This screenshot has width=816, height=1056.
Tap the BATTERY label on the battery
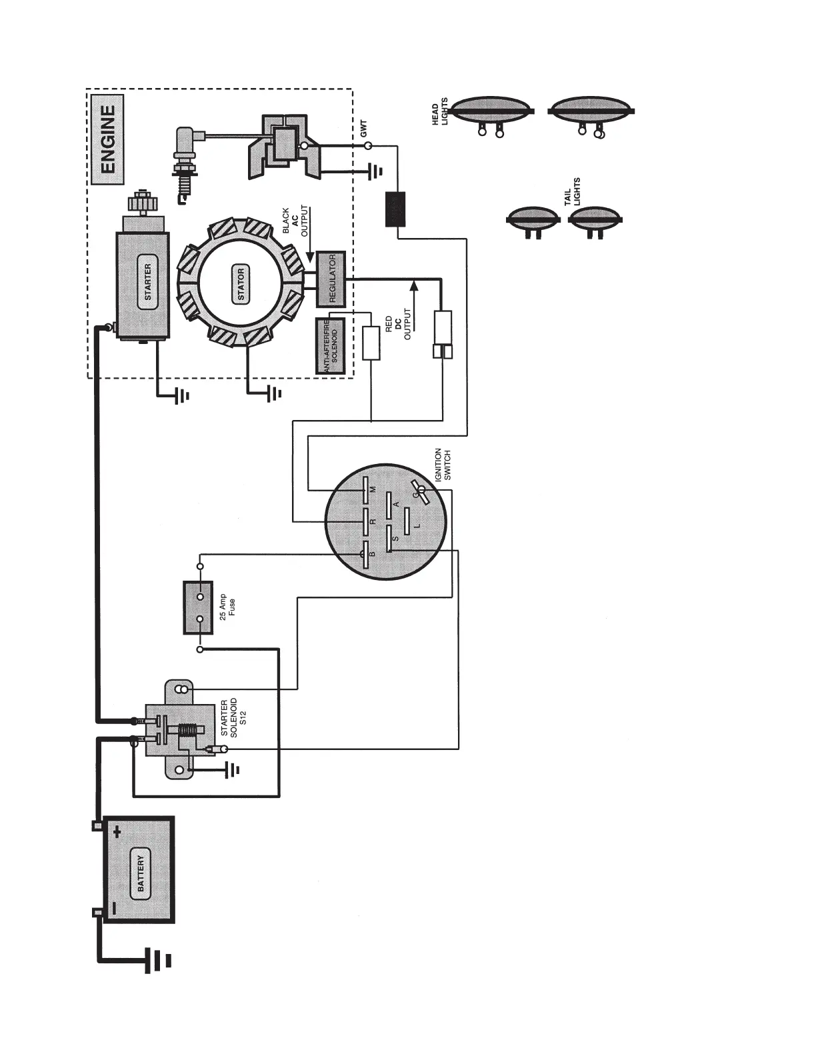pyautogui.click(x=140, y=874)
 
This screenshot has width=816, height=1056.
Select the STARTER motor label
pyautogui.click(x=147, y=281)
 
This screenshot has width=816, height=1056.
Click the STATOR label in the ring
pyautogui.click(x=241, y=283)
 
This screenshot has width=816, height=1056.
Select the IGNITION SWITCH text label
pyautogui.click(x=443, y=464)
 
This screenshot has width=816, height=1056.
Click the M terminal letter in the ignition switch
pyautogui.click(x=373, y=489)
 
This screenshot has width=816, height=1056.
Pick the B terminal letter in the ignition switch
pyautogui.click(x=373, y=553)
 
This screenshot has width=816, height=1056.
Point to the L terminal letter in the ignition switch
pyautogui.click(x=417, y=526)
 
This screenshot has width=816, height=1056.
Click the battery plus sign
pyautogui.click(x=117, y=832)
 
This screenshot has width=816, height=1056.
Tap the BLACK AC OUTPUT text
pyautogui.click(x=296, y=221)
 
